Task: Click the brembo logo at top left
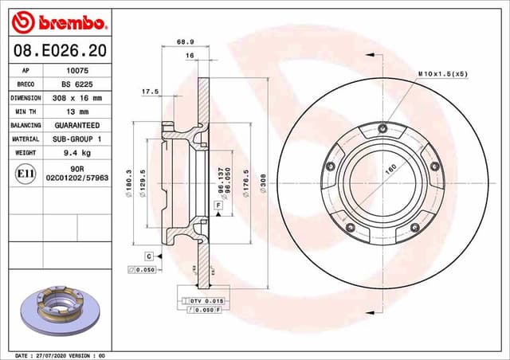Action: pyautogui.click(x=55, y=20)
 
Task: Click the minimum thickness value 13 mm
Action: pyautogui.click(x=76, y=112)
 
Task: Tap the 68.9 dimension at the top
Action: pyautogui.click(x=185, y=41)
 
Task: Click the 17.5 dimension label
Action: pyautogui.click(x=150, y=92)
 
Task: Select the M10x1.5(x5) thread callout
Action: pyautogui.click(x=442, y=73)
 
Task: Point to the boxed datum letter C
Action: pyautogui.click(x=148, y=256)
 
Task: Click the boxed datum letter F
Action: pyautogui.click(x=217, y=205)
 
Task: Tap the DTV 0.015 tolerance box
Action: pyautogui.click(x=204, y=301)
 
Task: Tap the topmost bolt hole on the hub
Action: pyautogui.click(x=382, y=129)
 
